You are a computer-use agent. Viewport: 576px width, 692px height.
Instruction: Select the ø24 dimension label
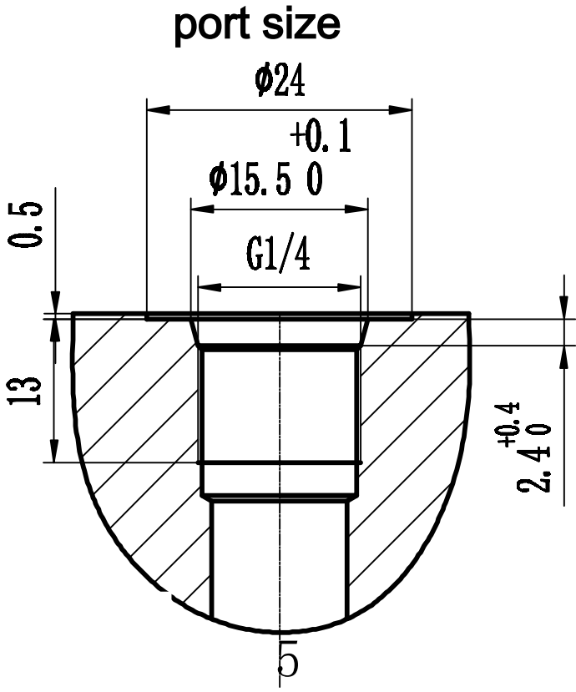pyautogui.click(x=279, y=82)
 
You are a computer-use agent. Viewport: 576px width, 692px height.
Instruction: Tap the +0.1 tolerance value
pyautogui.click(x=321, y=136)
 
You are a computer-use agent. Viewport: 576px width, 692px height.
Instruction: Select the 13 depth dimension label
pyautogui.click(x=28, y=391)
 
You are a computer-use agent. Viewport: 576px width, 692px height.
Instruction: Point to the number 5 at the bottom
pyautogui.click(x=286, y=664)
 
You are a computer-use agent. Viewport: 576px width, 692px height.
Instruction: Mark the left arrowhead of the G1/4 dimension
pyautogui.click(x=205, y=287)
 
